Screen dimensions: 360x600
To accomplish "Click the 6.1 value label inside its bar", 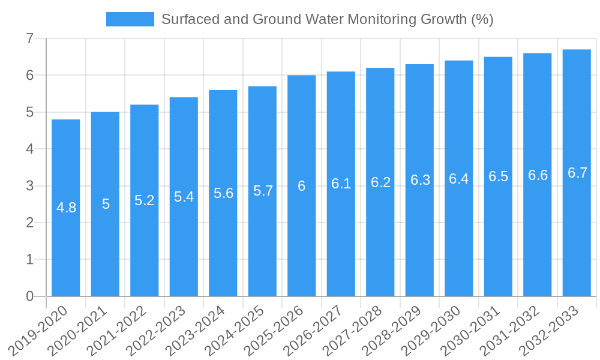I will (341, 184).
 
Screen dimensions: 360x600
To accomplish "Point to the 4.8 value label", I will (66, 208).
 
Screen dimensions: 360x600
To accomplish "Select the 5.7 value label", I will (263, 191).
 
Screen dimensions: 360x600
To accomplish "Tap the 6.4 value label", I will (458, 179).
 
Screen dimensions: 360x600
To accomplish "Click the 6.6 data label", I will (538, 175).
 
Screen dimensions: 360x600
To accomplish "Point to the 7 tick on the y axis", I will (29, 38).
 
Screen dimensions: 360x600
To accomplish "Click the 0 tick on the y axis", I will (29, 296).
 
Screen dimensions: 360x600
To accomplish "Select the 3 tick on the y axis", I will (29, 186).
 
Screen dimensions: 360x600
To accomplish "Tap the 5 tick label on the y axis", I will (29, 112).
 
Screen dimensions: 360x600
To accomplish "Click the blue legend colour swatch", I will (130, 19).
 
